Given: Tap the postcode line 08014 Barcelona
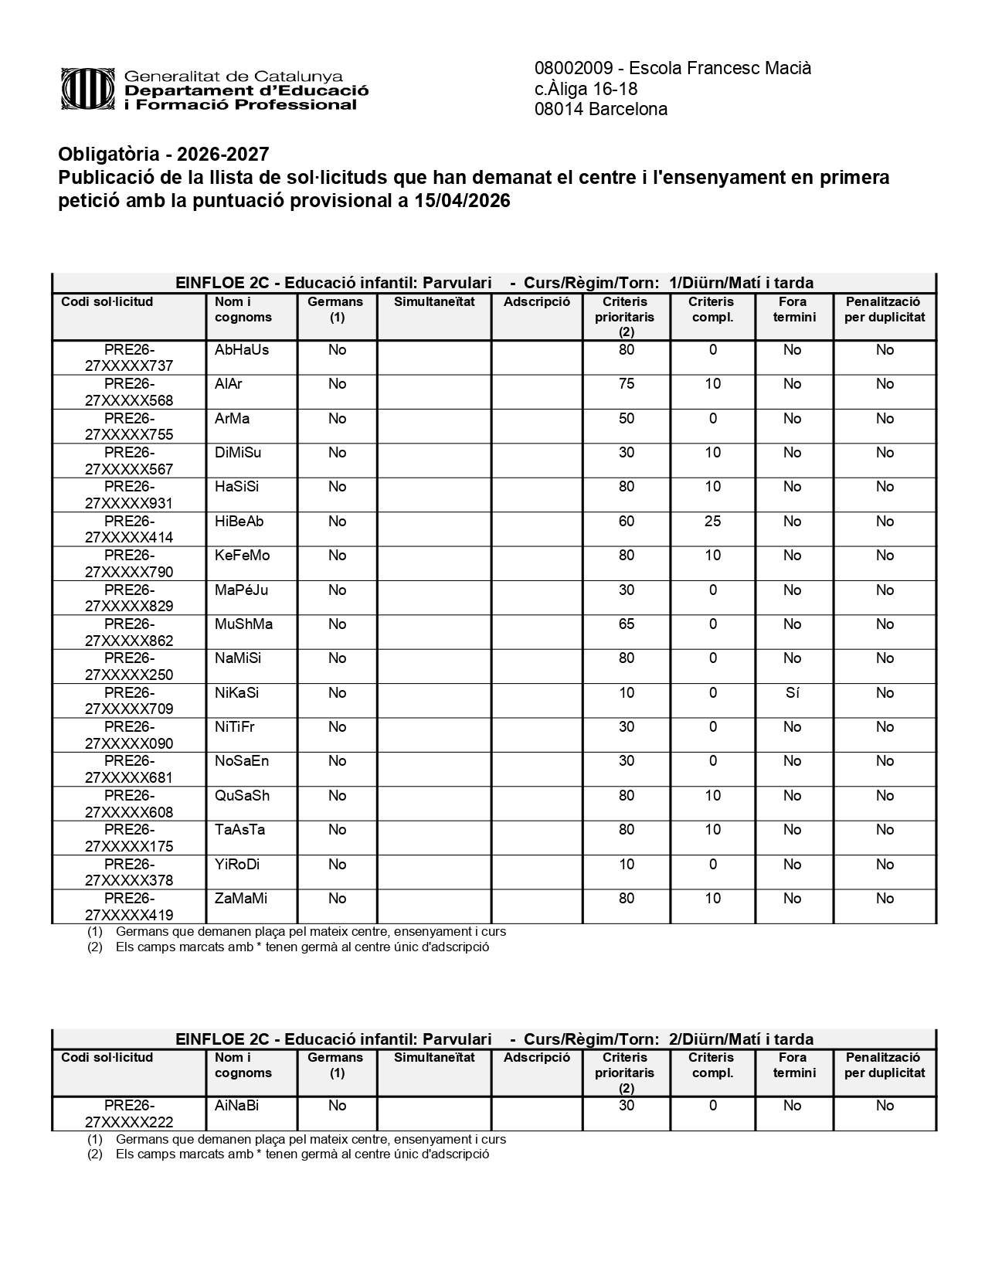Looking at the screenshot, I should pos(600,109).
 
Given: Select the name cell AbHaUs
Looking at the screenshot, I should pos(242,350).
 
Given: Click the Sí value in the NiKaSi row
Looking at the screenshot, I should pos(792,693).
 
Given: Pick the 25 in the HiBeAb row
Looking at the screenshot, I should pos(712,522).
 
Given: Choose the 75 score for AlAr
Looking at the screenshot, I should pos(626,384).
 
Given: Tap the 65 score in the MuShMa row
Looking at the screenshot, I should pos(626,624).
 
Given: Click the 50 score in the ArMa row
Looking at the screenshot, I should pos(626,419).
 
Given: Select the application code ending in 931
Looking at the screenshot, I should pos(129,495).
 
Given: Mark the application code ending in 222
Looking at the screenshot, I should pos(129,1113).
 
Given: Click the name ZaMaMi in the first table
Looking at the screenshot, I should pos(241,899).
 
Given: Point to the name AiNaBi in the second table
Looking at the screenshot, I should pos(236,1106).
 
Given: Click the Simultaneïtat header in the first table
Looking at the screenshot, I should pos(434,302).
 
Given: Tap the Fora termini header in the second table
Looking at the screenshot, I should pos(793,1065).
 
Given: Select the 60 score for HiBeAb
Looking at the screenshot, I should pos(626,522).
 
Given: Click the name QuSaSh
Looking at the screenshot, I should pos(242,796).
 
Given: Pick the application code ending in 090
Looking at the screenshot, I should pos(129,736).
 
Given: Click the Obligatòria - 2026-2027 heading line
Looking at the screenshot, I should pos(164,155).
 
